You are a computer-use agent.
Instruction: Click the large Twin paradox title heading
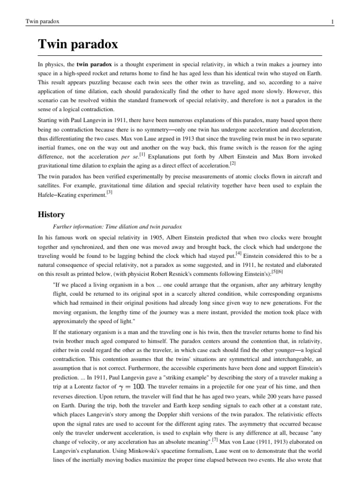pos(77,45)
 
